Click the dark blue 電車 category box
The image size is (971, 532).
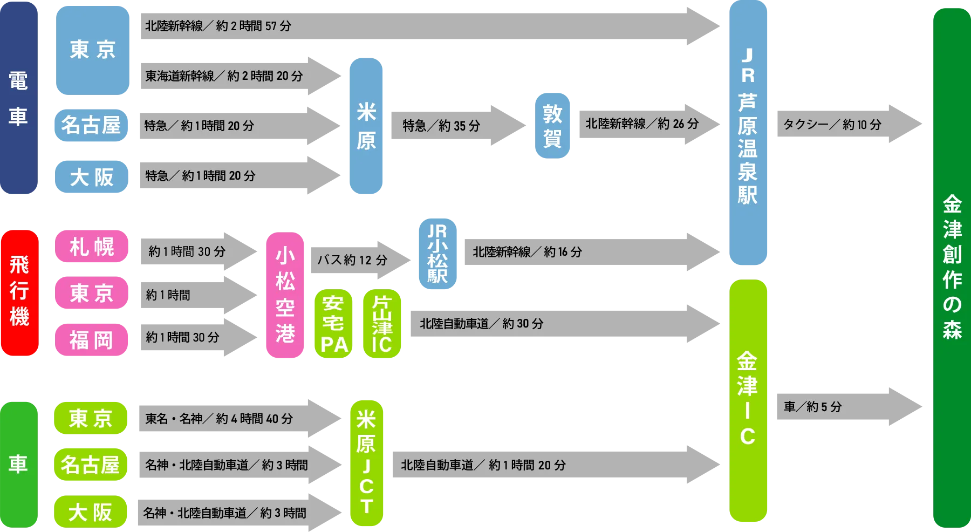(19, 97)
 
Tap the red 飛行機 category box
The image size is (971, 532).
(19, 292)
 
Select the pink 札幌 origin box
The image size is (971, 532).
(91, 247)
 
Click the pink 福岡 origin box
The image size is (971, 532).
(91, 340)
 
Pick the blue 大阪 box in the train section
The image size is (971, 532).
(91, 177)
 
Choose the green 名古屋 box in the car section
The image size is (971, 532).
(90, 464)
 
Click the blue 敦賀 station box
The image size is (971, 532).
(552, 125)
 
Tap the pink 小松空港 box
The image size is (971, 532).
(285, 295)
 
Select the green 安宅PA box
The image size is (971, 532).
(333, 324)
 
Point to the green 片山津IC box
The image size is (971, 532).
(381, 324)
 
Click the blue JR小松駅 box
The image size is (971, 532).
(437, 254)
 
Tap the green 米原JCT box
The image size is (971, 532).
(366, 462)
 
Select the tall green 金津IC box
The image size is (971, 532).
(748, 399)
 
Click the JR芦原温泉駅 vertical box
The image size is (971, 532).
(748, 132)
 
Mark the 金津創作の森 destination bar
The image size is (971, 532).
(952, 267)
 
